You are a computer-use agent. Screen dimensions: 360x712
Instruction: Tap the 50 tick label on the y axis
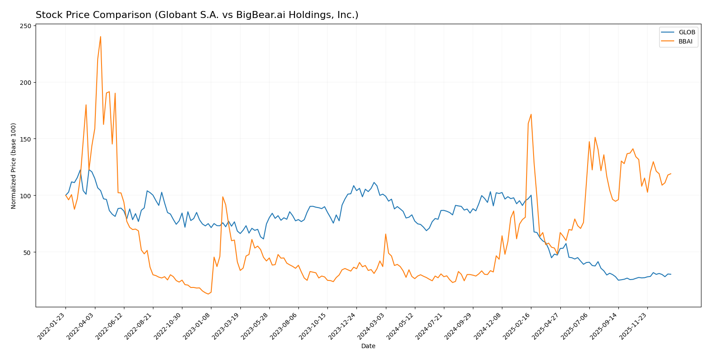click(x=29, y=252)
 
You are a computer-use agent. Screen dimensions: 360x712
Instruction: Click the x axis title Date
click(x=368, y=346)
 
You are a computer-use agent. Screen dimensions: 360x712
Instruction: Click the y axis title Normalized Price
click(x=14, y=166)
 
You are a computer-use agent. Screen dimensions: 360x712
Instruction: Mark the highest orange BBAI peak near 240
click(x=100, y=36)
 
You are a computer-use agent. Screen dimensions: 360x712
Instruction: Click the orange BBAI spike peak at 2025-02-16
click(x=531, y=114)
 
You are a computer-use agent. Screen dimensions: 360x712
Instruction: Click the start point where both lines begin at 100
click(x=65, y=195)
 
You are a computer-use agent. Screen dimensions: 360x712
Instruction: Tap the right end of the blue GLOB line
click(x=671, y=274)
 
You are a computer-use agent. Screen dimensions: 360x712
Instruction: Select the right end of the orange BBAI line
click(x=671, y=174)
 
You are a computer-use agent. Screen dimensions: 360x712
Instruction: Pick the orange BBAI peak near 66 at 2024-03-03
click(x=385, y=234)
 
